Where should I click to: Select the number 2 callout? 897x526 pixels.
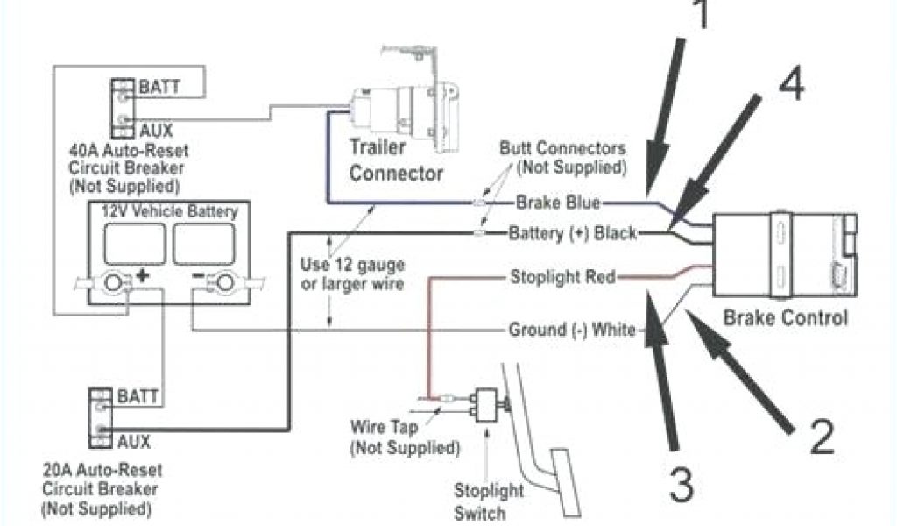click(x=823, y=437)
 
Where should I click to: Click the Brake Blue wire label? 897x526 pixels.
click(x=557, y=203)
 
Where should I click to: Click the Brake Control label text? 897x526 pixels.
click(x=785, y=317)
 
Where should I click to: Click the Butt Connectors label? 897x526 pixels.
click(x=562, y=157)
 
